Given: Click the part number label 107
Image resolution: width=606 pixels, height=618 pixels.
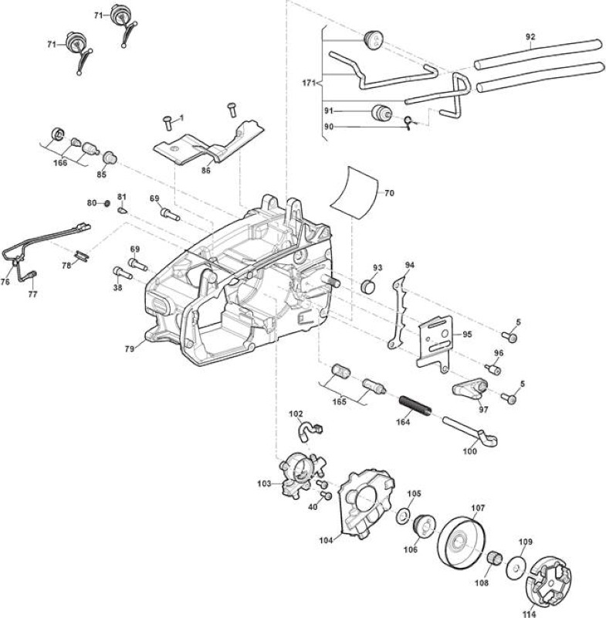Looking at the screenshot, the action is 478,508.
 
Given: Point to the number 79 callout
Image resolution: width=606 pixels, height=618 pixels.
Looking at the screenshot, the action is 129,348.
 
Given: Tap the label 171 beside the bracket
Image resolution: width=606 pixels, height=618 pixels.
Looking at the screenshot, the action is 309,83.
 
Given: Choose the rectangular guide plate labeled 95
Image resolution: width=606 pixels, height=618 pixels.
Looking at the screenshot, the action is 435,341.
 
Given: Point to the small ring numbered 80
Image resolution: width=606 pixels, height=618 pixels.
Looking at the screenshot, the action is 107,203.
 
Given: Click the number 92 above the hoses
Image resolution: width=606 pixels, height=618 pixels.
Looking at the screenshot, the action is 530,36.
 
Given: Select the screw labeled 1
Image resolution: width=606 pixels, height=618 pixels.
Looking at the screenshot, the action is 168,122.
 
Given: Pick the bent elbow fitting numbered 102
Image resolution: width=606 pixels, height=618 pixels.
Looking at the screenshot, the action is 310,430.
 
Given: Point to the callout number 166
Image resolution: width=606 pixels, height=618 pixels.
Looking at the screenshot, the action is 60,163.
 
